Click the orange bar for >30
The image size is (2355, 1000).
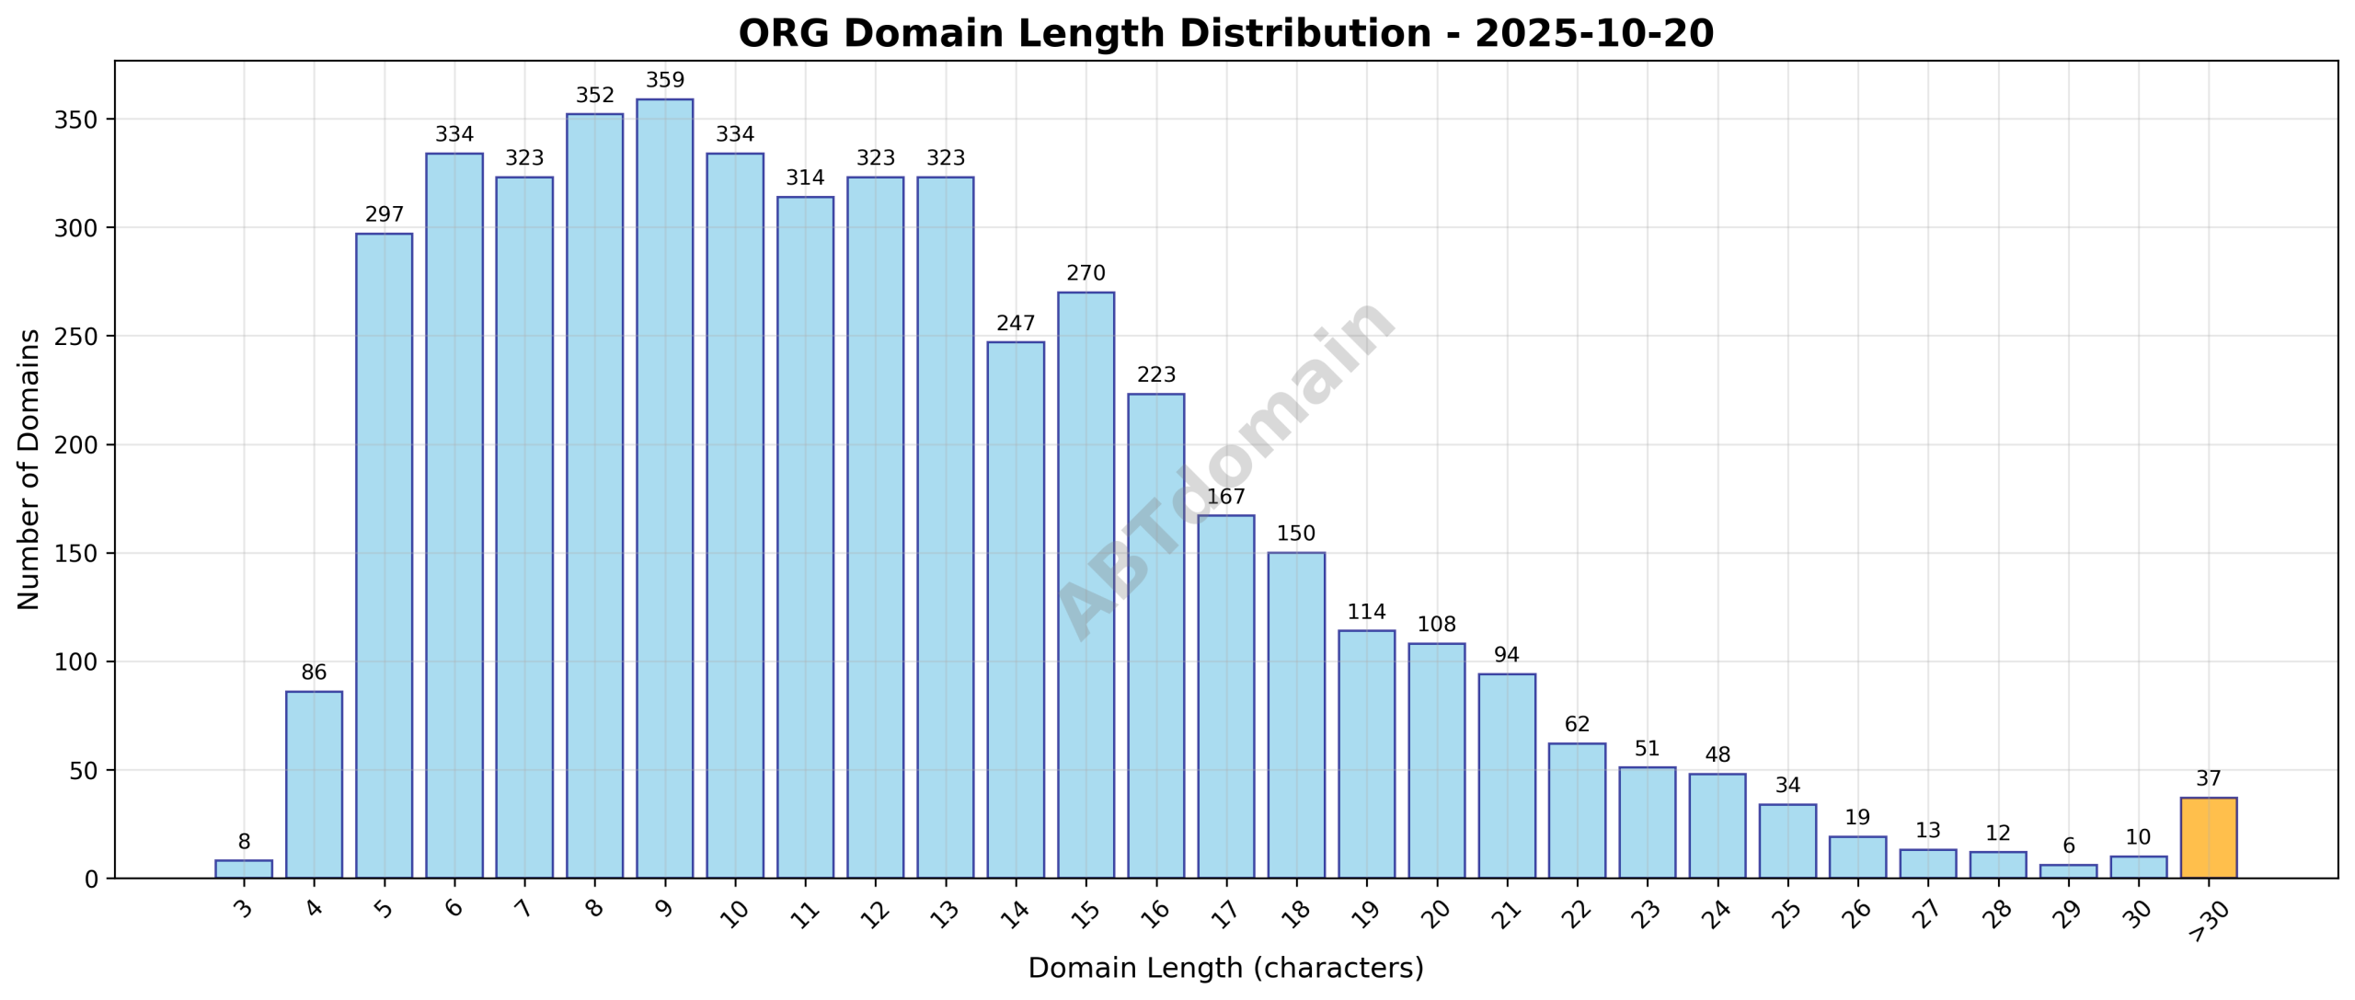2208,838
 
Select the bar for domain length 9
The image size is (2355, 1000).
664,489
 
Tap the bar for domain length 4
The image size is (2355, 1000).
314,785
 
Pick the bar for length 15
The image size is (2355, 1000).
1086,585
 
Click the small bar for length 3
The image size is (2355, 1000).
244,869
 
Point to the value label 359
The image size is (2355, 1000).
664,80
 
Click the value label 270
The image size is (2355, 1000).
1086,273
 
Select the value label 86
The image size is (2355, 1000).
314,672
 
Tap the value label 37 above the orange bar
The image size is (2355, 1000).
2208,779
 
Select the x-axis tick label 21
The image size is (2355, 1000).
1507,913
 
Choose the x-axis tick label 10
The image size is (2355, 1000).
734,913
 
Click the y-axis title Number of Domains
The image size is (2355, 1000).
29,469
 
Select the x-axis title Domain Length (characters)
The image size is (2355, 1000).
1225,969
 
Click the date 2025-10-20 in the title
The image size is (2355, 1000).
1594,34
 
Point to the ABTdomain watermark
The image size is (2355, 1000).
1225,469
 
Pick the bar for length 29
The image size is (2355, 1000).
2068,871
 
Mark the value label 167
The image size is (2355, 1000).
1225,497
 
